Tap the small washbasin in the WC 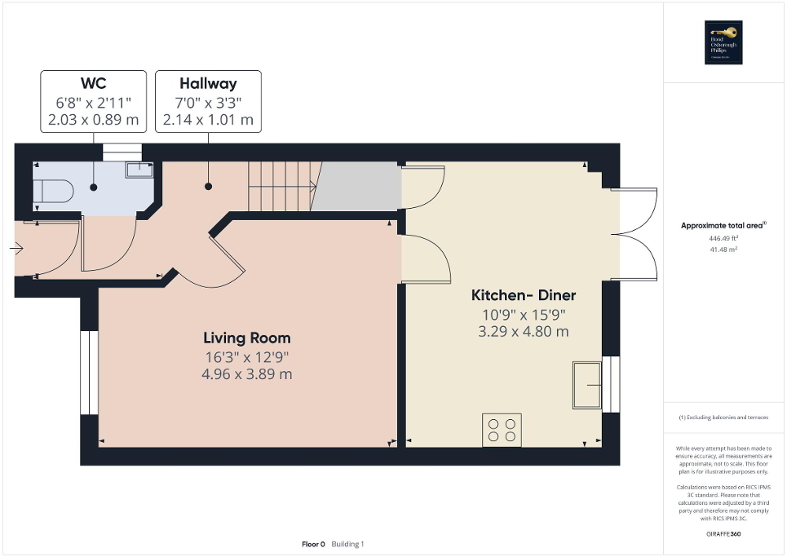click(x=139, y=170)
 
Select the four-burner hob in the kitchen click(x=502, y=430)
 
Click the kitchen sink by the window click(x=586, y=384)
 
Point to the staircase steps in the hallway click(x=281, y=186)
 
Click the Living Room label click(x=246, y=338)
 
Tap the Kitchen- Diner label click(x=523, y=295)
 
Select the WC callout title click(x=93, y=83)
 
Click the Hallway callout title click(x=208, y=83)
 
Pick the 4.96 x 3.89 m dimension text click(x=246, y=374)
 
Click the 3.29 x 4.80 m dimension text click(x=523, y=332)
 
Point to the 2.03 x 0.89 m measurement click(x=93, y=120)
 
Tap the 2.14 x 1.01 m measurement click(x=208, y=120)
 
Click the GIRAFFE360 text click(x=725, y=533)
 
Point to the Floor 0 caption click(x=314, y=544)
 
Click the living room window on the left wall click(x=84, y=373)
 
